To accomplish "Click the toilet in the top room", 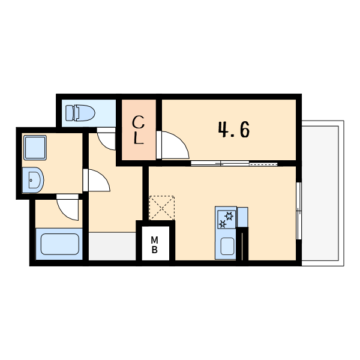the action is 80,113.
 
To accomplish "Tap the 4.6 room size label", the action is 234,130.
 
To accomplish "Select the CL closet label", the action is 139,130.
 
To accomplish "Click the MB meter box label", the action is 155,245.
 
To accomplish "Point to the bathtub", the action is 60,244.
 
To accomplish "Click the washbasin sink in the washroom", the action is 33,180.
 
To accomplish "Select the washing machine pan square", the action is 35,148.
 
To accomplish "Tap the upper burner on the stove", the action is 229,216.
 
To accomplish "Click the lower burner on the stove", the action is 223,224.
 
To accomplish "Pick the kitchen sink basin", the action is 227,247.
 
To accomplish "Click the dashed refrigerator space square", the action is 161,208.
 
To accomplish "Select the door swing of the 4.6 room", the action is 175,145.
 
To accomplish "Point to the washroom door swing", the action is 99,180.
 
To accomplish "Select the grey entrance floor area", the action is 112,247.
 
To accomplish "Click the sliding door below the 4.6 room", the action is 234,163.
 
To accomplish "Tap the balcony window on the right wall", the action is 299,211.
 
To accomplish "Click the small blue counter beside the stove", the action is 242,217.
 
